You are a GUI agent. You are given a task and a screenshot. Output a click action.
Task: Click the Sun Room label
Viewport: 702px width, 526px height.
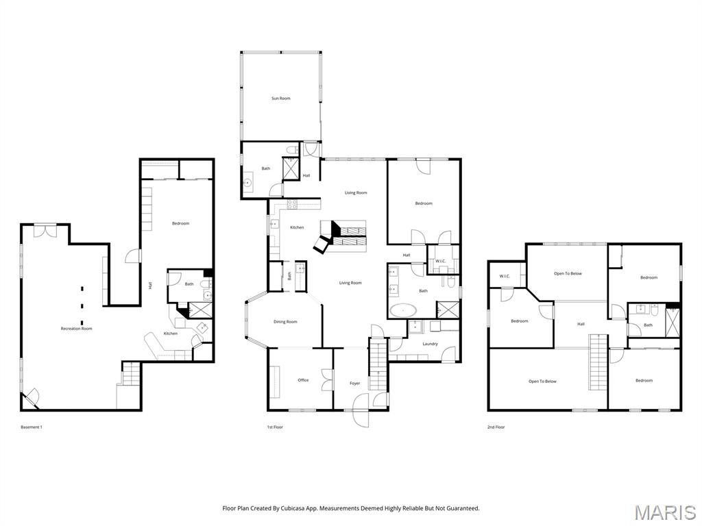pyautogui.click(x=280, y=99)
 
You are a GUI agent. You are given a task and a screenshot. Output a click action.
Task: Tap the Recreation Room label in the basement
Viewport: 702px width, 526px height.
pyautogui.click(x=76, y=329)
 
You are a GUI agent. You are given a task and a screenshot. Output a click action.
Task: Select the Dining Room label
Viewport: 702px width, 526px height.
pyautogui.click(x=285, y=322)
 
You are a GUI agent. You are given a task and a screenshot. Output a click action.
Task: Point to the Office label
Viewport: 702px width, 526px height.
pyautogui.click(x=303, y=380)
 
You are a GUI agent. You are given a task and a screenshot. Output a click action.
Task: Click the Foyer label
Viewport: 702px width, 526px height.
pyautogui.click(x=354, y=384)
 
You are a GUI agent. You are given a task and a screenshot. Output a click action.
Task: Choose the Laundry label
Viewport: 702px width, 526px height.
pyautogui.click(x=430, y=344)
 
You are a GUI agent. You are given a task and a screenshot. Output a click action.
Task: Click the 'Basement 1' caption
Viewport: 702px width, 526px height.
pyautogui.click(x=32, y=427)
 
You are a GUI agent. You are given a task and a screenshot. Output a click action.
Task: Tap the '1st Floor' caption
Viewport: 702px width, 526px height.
pyautogui.click(x=275, y=427)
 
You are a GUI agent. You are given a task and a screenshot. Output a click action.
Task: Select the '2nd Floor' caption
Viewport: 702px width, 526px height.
pyautogui.click(x=496, y=427)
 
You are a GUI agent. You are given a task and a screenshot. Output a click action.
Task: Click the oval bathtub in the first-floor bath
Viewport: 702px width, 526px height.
pyautogui.click(x=404, y=311)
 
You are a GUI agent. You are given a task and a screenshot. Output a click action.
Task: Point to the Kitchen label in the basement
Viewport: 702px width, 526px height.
pyautogui.click(x=171, y=334)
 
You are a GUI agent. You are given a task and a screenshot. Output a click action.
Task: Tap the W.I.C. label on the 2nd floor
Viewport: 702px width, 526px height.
pyautogui.click(x=505, y=277)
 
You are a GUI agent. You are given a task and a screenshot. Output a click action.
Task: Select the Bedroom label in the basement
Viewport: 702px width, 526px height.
pyautogui.click(x=180, y=223)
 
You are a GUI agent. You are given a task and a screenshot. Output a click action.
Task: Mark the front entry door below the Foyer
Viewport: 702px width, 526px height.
pyautogui.click(x=361, y=416)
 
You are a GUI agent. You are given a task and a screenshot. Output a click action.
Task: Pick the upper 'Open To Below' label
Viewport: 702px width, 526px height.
pyautogui.click(x=568, y=273)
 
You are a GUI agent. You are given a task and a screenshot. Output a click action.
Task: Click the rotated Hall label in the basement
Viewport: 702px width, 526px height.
pyautogui.click(x=150, y=285)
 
